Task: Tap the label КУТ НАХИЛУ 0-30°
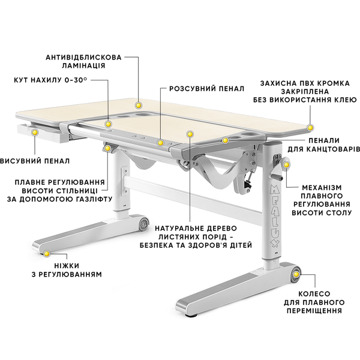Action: coord(51,79)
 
